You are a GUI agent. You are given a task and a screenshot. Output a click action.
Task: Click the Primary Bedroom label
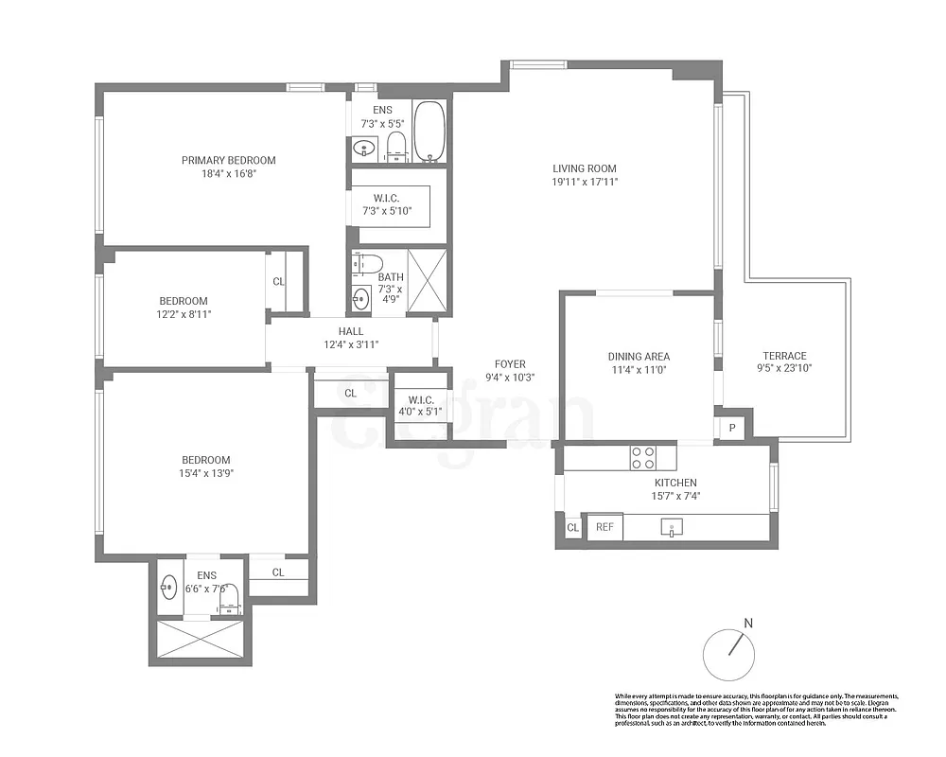coord(228,160)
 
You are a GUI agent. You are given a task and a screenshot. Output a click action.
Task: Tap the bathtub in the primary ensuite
coord(429,132)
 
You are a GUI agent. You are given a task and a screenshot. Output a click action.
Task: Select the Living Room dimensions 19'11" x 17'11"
coord(585,182)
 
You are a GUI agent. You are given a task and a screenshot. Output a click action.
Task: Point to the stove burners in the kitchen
coord(643,458)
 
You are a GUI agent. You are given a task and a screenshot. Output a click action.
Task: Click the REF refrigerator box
coord(604,528)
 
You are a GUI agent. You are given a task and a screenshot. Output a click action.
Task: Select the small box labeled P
coord(731,428)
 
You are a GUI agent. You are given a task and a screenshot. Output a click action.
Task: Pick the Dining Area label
coord(639,357)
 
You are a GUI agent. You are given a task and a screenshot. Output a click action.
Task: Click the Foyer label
coord(510,364)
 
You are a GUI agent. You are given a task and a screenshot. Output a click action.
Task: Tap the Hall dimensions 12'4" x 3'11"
coord(351,344)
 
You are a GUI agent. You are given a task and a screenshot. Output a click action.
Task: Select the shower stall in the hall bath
coord(428,280)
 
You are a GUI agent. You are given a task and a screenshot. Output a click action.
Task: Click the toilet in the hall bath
coord(369,263)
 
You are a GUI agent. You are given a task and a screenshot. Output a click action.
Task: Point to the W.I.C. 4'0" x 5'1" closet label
coord(417,404)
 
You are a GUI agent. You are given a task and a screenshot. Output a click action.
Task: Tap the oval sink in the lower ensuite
coord(168,588)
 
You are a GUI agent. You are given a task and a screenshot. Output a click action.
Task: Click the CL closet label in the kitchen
coord(572,528)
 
